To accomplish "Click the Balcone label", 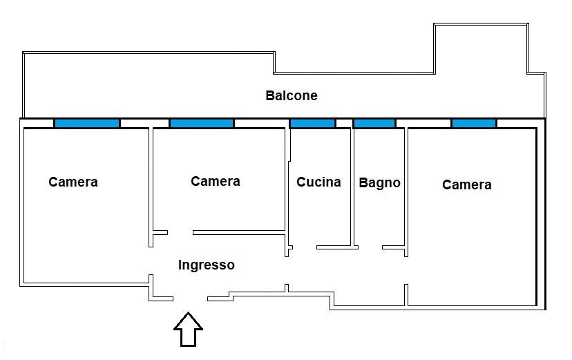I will click(x=292, y=95).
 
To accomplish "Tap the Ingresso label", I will click(x=206, y=265).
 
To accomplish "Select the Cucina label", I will click(x=318, y=182).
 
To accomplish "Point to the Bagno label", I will click(x=379, y=182).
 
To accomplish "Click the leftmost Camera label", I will click(x=73, y=182).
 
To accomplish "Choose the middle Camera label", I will click(x=216, y=181).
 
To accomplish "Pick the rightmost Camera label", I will click(x=467, y=184).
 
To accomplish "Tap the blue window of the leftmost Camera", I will click(x=87, y=123).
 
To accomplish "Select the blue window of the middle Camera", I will click(x=202, y=123).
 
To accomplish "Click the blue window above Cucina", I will click(x=312, y=123).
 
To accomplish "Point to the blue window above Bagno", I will click(x=374, y=123).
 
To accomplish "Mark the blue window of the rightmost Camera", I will click(x=474, y=123).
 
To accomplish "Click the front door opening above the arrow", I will click(x=190, y=299).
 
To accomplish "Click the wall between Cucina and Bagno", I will click(x=354, y=187).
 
